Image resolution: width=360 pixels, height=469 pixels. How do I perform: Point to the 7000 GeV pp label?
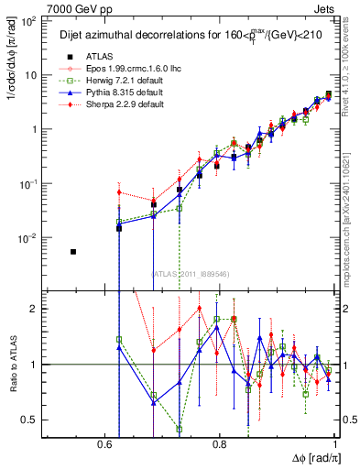pos(73,7)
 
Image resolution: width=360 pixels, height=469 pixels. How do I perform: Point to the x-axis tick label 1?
pos(336,445)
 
